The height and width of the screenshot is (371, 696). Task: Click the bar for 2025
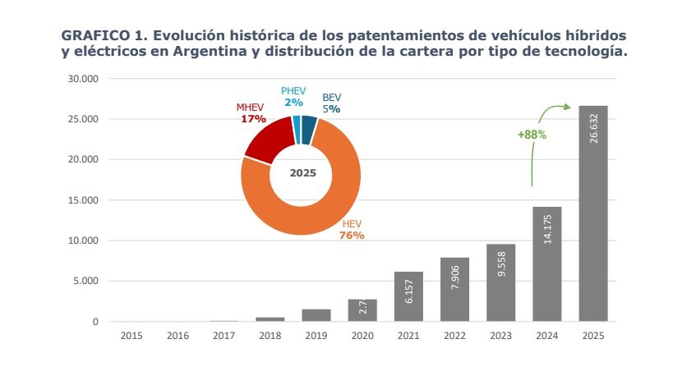593,213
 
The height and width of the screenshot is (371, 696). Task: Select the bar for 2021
408,296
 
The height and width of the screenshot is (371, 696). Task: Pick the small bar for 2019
316,315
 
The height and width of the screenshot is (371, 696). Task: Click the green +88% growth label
532,134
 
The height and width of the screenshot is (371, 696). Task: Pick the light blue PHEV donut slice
296,123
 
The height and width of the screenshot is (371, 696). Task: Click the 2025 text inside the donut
302,173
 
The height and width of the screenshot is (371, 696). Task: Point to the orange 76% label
352,236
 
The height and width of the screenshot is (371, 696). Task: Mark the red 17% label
253,119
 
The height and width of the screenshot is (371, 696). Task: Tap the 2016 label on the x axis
177,335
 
